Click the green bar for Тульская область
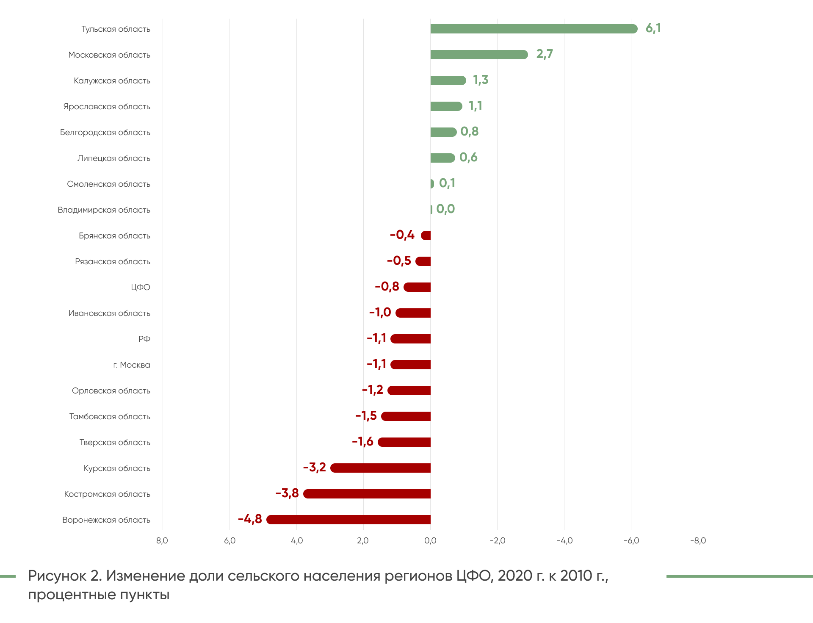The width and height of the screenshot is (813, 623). click(x=534, y=29)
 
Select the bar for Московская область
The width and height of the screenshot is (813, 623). click(x=479, y=55)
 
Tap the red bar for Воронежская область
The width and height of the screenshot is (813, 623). click(x=348, y=520)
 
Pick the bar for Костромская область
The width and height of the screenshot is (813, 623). click(x=367, y=494)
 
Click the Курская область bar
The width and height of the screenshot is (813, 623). click(x=380, y=468)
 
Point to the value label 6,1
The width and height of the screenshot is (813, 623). click(x=653, y=28)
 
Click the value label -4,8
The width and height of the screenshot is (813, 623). click(x=250, y=519)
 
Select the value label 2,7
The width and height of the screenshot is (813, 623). click(x=544, y=54)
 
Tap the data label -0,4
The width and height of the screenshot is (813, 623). click(x=402, y=235)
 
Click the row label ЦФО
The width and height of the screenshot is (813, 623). click(x=141, y=288)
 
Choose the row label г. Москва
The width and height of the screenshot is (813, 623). click(x=132, y=365)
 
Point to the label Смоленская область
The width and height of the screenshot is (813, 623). click(x=108, y=184)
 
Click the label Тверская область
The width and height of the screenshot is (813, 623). click(x=115, y=443)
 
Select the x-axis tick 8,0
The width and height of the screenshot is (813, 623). click(x=162, y=541)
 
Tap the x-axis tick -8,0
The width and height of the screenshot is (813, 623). click(x=698, y=541)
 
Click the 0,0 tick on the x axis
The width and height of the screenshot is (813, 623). click(x=430, y=541)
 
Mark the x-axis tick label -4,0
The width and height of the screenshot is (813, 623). click(x=564, y=541)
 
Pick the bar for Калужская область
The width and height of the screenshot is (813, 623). click(x=448, y=80)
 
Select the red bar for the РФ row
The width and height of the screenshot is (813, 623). click(x=410, y=339)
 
